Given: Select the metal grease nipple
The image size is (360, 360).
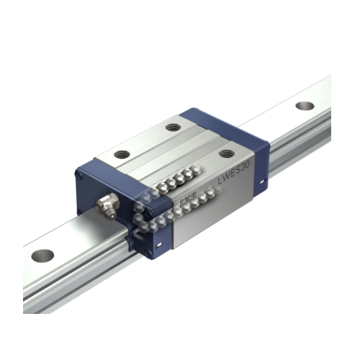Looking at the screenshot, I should click(x=107, y=206).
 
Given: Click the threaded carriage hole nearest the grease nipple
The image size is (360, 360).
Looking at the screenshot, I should click(x=122, y=153).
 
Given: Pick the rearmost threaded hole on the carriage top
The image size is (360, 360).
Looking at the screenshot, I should click(x=173, y=127).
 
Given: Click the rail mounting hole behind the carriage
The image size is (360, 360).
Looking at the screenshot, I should click(x=305, y=106).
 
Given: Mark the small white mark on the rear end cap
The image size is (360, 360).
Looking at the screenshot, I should click(x=261, y=189).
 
